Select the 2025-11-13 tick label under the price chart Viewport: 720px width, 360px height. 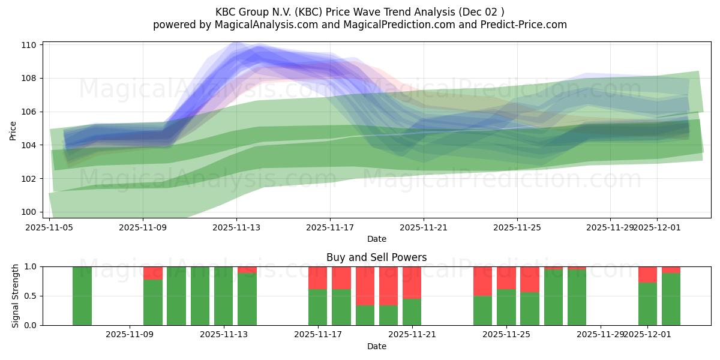click(x=236, y=227)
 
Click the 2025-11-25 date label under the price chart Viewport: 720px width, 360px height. click(x=517, y=227)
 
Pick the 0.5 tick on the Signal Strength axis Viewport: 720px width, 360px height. click(x=31, y=296)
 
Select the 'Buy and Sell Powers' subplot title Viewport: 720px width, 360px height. click(x=376, y=257)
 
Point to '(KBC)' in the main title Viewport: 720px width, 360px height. click(x=309, y=12)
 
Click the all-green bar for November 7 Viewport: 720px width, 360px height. click(x=82, y=296)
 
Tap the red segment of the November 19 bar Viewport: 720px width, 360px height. click(x=365, y=286)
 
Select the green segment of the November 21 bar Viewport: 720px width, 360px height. click(x=412, y=312)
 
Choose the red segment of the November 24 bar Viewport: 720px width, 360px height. click(x=483, y=281)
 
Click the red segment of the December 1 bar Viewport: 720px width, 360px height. click(x=648, y=274)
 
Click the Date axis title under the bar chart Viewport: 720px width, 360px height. click(x=376, y=346)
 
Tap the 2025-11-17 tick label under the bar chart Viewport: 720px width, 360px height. click(x=318, y=335)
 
